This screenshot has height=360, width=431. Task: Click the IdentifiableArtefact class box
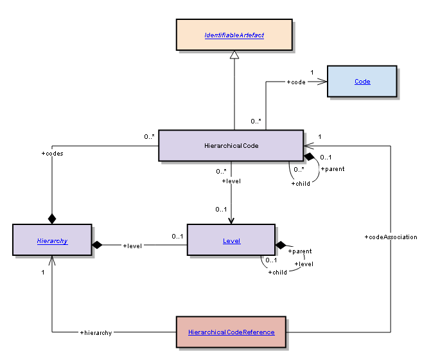point(234,34)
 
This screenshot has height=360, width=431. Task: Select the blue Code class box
point(362,82)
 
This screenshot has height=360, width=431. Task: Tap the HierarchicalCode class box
point(230,145)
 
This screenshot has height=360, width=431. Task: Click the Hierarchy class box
point(52,240)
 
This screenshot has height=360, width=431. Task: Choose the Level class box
point(231,240)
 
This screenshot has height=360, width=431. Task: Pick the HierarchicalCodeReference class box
point(231,332)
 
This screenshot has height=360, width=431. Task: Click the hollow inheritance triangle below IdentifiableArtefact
point(234,56)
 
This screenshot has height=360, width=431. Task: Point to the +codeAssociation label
point(391,237)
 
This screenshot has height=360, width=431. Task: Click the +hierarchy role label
point(96,332)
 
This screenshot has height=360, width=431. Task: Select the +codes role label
point(52,154)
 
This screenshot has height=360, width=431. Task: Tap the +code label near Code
point(296,82)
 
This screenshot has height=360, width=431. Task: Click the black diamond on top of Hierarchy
point(52,219)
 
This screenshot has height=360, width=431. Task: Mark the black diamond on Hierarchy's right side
point(98,245)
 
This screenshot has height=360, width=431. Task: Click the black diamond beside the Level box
point(281,245)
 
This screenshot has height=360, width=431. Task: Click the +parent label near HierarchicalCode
point(332,169)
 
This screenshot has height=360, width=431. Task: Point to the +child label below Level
point(277,272)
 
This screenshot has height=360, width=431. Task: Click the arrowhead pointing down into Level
point(231,219)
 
